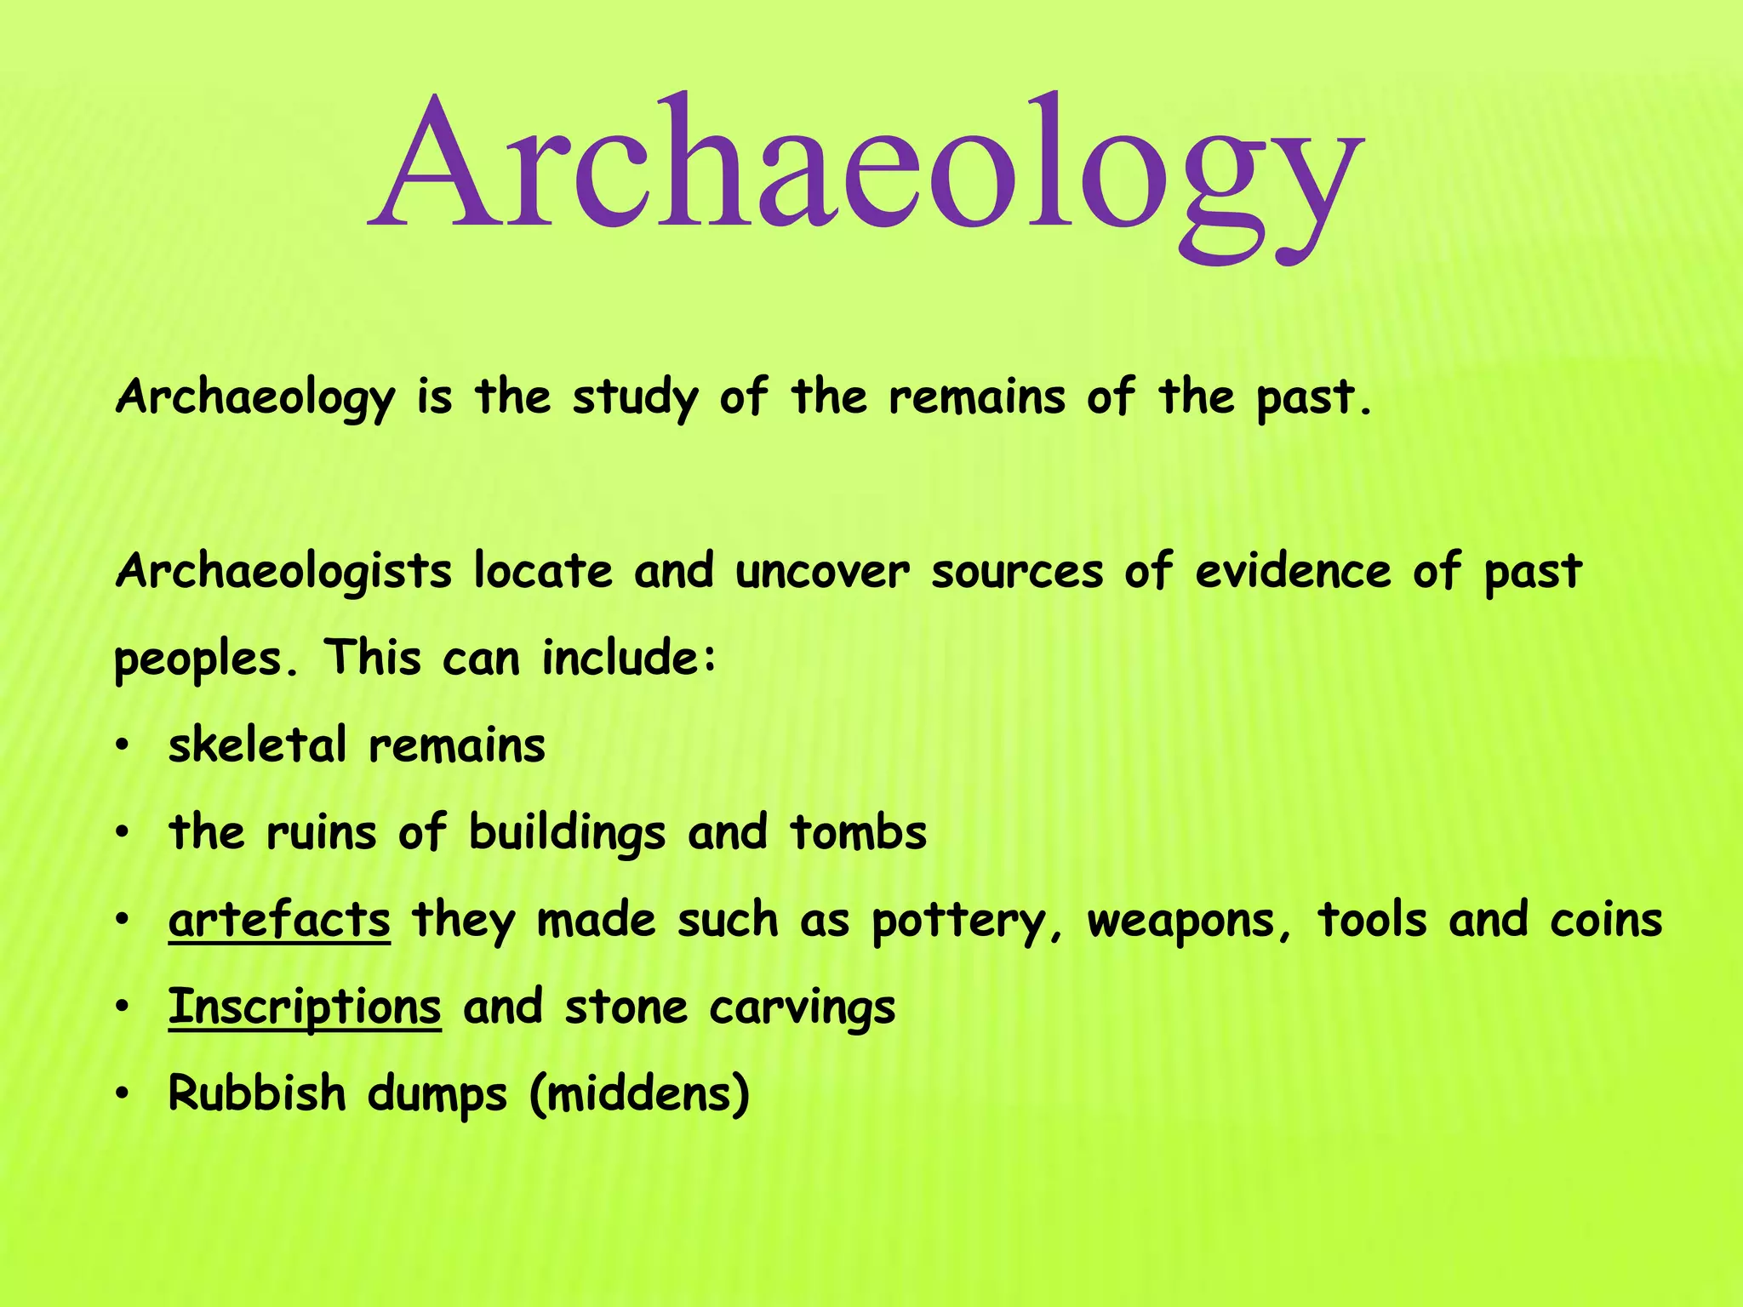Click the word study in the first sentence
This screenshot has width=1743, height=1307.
(635, 398)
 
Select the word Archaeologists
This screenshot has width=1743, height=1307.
(283, 572)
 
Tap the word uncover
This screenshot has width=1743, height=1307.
(822, 572)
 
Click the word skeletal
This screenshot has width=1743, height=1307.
(257, 745)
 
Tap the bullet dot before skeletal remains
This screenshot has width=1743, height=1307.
(123, 747)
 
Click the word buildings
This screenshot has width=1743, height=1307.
(567, 833)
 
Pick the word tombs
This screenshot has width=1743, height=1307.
(858, 833)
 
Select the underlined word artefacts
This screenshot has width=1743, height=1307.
(279, 921)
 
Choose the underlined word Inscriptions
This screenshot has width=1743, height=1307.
(305, 1008)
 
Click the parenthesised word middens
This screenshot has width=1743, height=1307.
(639, 1094)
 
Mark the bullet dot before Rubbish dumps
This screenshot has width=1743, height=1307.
(123, 1095)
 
